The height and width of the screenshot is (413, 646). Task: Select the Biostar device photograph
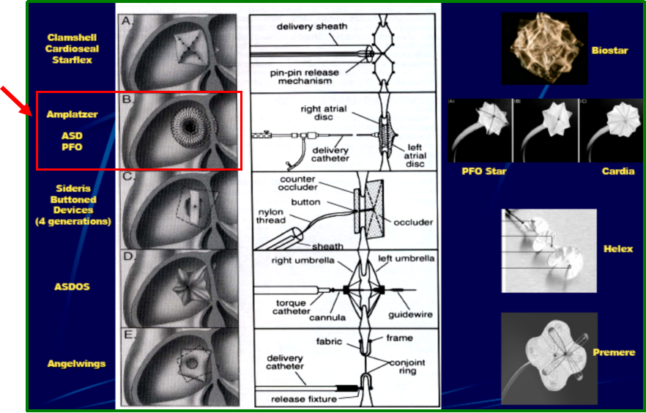[x=543, y=49]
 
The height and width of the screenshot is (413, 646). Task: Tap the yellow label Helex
[x=619, y=249]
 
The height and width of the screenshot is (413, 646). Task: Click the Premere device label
[x=615, y=352]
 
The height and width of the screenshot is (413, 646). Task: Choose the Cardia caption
[x=618, y=171]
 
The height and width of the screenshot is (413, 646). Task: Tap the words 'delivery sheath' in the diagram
[x=312, y=27]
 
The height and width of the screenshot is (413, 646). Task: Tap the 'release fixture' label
[x=308, y=399]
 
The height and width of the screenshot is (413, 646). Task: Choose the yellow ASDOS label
[x=73, y=286]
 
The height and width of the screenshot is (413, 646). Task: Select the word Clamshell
[x=73, y=37]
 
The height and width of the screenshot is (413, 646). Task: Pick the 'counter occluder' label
[x=297, y=184]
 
